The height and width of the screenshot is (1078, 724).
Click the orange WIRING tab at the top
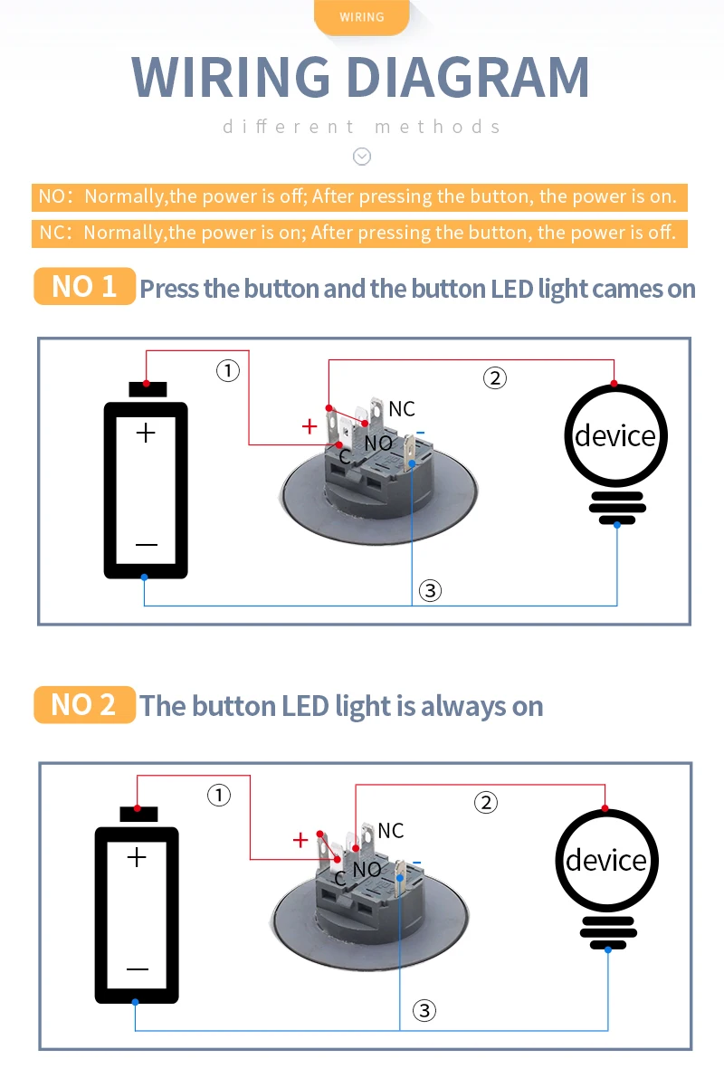point(362,17)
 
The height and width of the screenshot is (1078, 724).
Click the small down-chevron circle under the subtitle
point(362,157)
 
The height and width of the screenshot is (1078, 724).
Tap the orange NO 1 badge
point(84,286)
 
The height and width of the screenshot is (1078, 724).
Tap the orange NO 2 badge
point(84,704)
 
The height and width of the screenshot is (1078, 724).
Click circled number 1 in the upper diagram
point(227,369)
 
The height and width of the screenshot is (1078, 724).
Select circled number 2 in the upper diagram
point(494,377)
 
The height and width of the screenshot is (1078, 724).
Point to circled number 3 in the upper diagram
point(430,591)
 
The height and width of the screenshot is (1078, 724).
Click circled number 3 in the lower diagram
point(424,1011)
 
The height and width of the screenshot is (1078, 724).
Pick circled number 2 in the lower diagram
point(486,802)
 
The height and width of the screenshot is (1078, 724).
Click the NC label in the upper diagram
point(402,409)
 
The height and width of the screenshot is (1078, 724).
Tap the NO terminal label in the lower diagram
point(367,870)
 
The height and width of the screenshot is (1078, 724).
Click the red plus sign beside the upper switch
point(310,426)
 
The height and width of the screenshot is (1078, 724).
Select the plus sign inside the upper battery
point(146,433)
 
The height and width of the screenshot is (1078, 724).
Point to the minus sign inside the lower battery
point(138,969)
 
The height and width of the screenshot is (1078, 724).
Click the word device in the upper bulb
point(615,435)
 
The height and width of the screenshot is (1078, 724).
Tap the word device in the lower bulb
point(605,860)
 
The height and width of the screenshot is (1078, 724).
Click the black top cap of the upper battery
point(148,390)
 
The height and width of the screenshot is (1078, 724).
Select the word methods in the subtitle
point(437,126)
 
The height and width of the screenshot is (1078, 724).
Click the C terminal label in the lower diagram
point(340,878)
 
